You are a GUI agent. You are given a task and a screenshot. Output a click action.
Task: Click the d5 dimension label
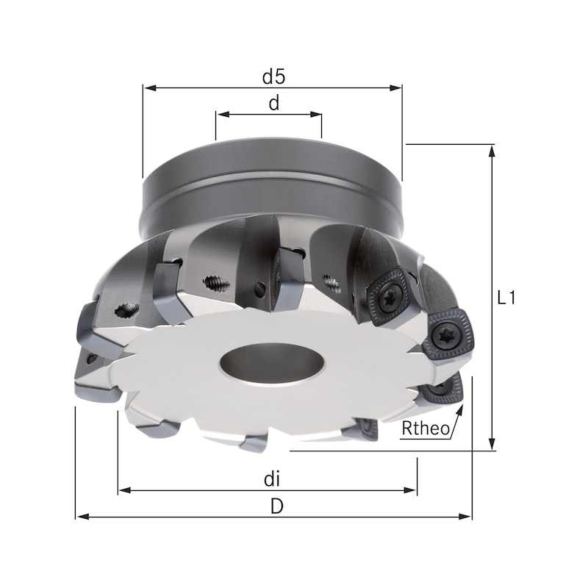pyautogui.click(x=273, y=76)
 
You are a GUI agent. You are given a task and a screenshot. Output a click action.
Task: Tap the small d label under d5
pyautogui.click(x=273, y=104)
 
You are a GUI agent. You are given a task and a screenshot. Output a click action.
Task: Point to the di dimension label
pyautogui.click(x=273, y=479)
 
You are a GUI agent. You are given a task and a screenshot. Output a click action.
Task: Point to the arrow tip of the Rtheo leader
pyautogui.click(x=463, y=406)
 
